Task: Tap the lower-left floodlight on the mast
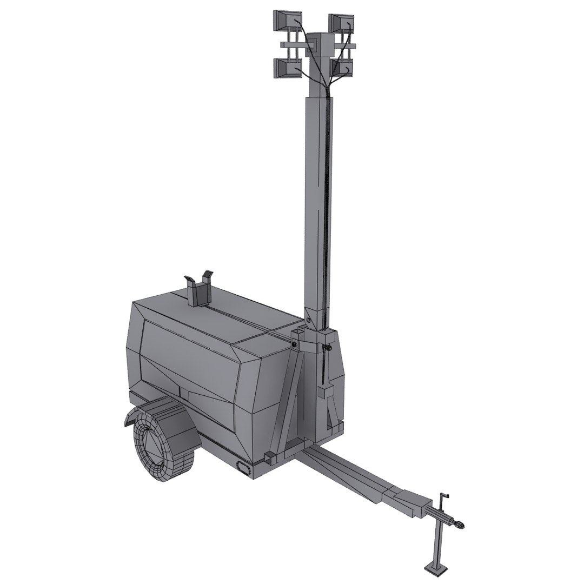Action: [287, 69]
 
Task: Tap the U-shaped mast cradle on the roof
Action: [199, 289]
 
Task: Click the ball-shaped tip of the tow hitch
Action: [459, 524]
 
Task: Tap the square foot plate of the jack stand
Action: [436, 567]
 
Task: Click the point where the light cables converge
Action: [325, 86]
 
